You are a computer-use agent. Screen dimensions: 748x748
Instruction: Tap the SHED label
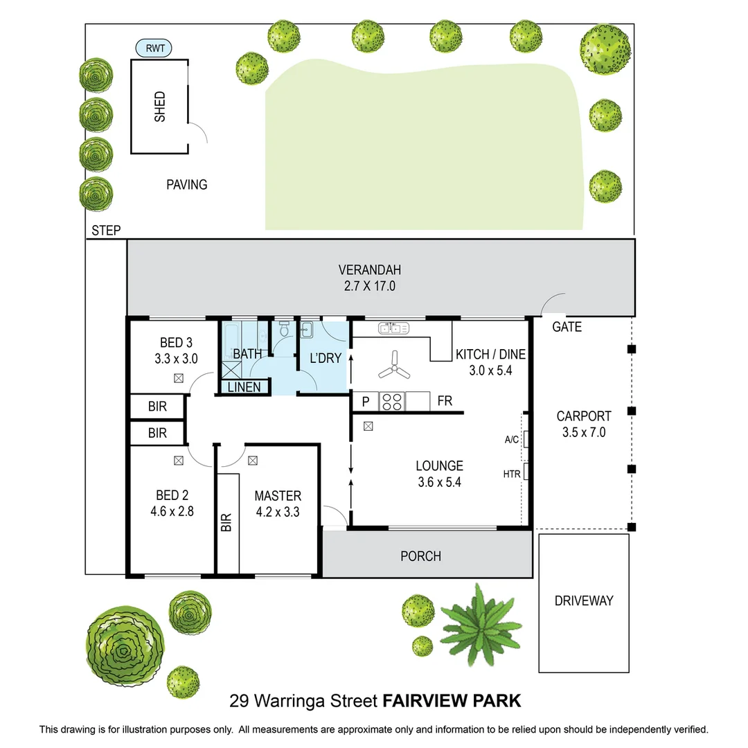[160, 107]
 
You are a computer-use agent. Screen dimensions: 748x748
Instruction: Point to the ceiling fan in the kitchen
[393, 365]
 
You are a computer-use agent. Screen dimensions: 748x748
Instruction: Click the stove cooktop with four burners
[392, 401]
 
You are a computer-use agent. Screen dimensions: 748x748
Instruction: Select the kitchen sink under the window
[392, 328]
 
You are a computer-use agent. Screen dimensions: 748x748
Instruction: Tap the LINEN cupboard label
[244, 386]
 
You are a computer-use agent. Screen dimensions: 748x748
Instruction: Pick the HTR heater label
[512, 474]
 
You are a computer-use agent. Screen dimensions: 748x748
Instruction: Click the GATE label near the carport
[567, 327]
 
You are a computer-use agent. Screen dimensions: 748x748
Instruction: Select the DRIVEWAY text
[584, 600]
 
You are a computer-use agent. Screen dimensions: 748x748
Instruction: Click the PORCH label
[420, 555]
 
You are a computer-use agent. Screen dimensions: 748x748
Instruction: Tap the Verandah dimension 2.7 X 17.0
[370, 285]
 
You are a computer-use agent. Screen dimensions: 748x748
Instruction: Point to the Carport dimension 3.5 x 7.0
[584, 431]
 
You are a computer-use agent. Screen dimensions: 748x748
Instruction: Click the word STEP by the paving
[106, 231]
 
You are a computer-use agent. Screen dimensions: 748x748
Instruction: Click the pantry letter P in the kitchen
[366, 401]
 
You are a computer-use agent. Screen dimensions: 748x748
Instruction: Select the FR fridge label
[445, 401]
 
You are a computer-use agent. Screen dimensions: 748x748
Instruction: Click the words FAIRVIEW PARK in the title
[452, 701]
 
